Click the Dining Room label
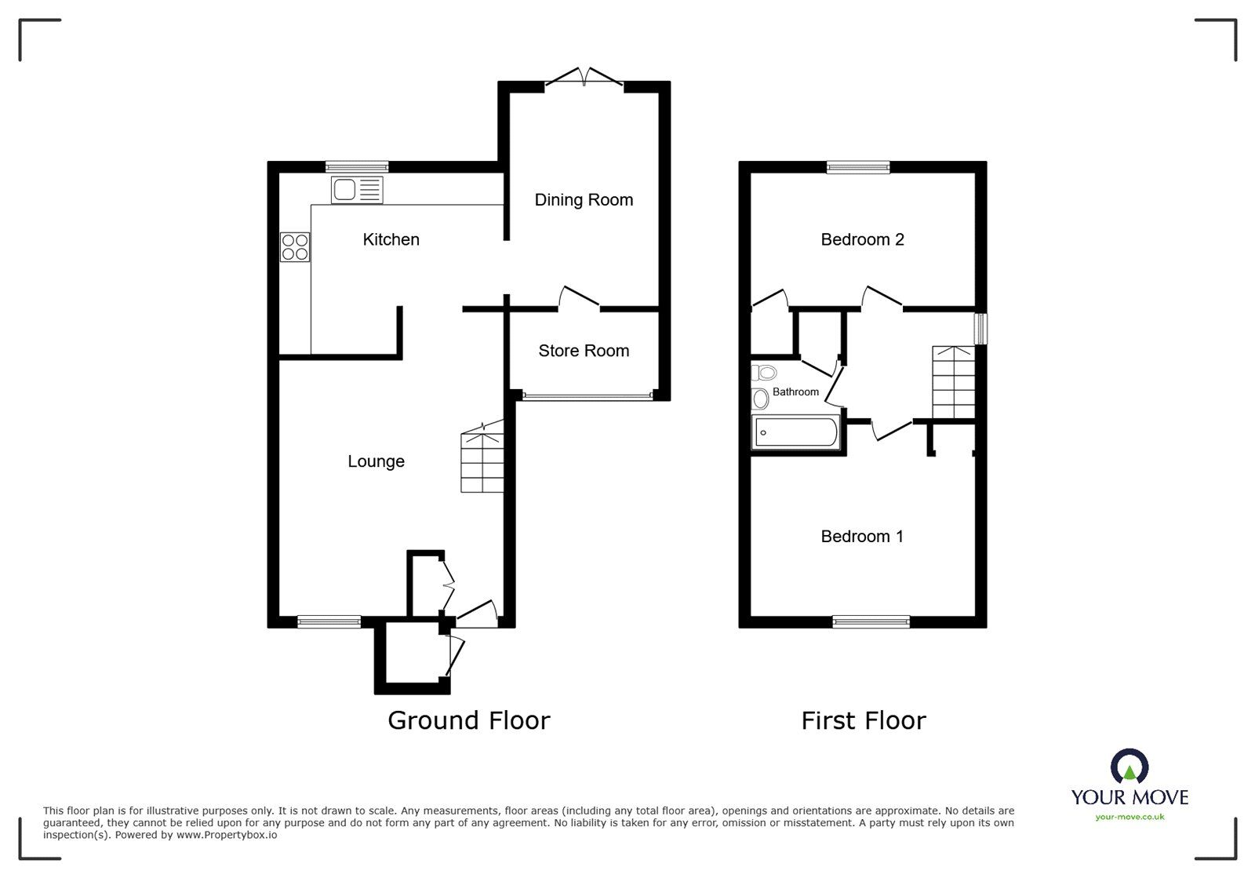pyautogui.click(x=584, y=200)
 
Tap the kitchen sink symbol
pyautogui.click(x=358, y=190)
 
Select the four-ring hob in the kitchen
pyautogui.click(x=295, y=247)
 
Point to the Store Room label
pyautogui.click(x=584, y=351)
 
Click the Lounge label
pyautogui.click(x=376, y=461)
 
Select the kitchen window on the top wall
pyautogui.click(x=358, y=166)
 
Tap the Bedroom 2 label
pyautogui.click(x=862, y=239)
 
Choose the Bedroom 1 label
pyautogui.click(x=862, y=537)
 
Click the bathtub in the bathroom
pyautogui.click(x=795, y=433)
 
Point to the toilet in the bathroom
pyautogui.click(x=763, y=373)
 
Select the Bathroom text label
pyautogui.click(x=795, y=392)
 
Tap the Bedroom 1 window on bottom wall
pyautogui.click(x=871, y=621)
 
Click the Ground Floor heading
pyautogui.click(x=469, y=720)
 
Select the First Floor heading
pyautogui.click(x=863, y=720)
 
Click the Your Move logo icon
pyautogui.click(x=1129, y=767)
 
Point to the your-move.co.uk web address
pyautogui.click(x=1129, y=817)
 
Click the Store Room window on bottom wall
pyautogui.click(x=587, y=396)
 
